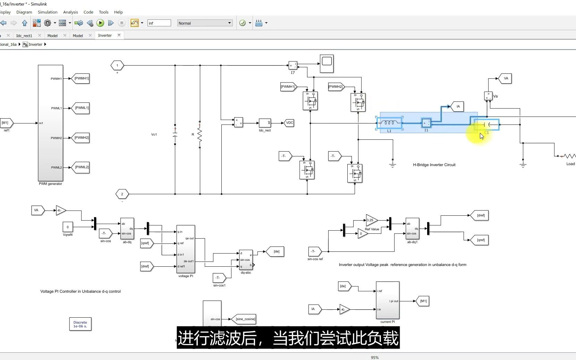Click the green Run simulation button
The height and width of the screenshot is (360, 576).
click(x=100, y=23)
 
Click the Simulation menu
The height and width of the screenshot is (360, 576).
click(x=48, y=12)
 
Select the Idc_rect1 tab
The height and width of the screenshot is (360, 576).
click(x=24, y=36)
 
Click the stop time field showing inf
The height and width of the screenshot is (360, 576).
click(x=159, y=23)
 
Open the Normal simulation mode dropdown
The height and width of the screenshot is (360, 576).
click(x=205, y=23)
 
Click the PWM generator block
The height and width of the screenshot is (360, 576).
click(x=50, y=123)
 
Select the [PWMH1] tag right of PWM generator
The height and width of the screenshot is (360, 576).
click(x=81, y=78)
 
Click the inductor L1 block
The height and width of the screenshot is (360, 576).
click(x=389, y=123)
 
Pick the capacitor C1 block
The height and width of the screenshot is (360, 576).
click(x=487, y=125)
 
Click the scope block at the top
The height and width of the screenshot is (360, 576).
click(x=327, y=63)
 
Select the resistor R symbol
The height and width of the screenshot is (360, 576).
click(x=200, y=135)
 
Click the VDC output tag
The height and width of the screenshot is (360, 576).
click(x=289, y=123)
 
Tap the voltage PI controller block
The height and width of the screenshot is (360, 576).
click(x=186, y=249)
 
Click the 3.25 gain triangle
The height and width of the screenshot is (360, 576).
click(x=371, y=220)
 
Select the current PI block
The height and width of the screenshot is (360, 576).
click(x=388, y=300)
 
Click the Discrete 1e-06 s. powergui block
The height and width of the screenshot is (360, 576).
click(x=80, y=324)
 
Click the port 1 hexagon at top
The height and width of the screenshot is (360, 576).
click(x=117, y=65)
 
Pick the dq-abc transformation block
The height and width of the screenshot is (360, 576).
click(x=246, y=260)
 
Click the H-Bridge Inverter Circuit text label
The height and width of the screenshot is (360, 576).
click(x=434, y=165)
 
